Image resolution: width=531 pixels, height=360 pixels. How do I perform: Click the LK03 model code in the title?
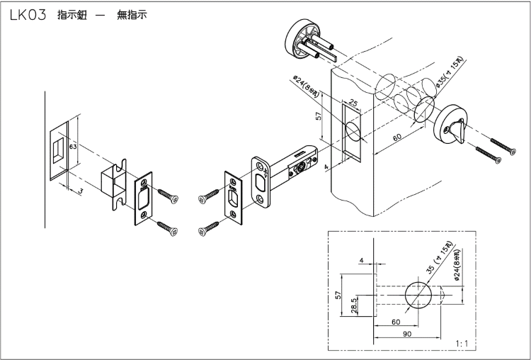pos(28,16)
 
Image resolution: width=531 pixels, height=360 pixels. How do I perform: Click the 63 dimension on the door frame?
pos(73,146)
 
